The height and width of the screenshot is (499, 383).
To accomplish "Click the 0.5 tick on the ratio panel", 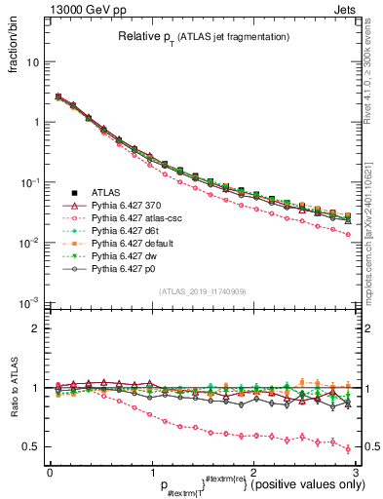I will [31, 446].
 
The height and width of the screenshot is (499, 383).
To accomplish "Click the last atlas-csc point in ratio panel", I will [348, 448].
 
